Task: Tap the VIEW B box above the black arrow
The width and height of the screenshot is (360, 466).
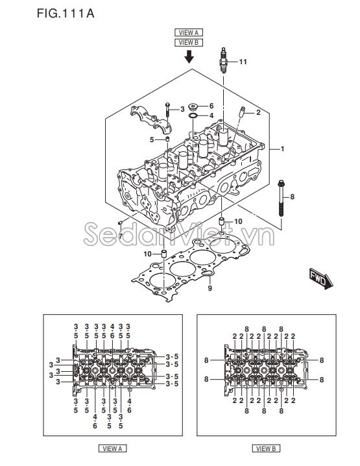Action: click(189, 42)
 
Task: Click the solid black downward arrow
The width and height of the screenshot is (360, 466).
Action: click(189, 57)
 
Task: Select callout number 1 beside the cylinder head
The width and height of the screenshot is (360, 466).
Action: click(282, 149)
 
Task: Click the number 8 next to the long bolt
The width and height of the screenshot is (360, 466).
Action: click(292, 196)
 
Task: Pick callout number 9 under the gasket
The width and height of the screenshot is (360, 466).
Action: click(210, 288)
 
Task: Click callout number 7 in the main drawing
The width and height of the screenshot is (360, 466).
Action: click(120, 236)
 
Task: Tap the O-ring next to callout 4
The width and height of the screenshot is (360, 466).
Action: click(193, 116)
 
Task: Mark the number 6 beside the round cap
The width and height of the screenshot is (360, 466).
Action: click(211, 106)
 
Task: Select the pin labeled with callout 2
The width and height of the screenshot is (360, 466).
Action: click(244, 114)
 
